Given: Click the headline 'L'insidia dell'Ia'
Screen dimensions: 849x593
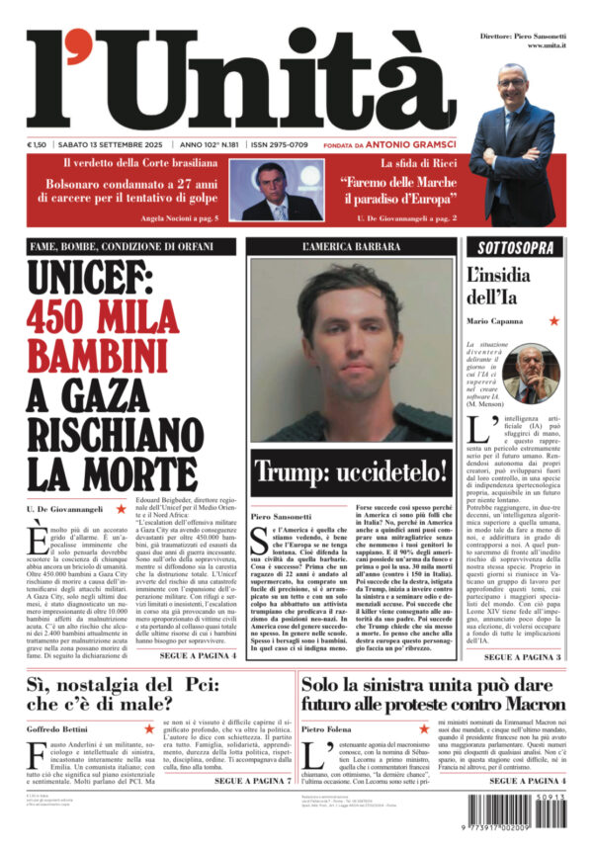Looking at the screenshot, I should [x=504, y=286].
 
